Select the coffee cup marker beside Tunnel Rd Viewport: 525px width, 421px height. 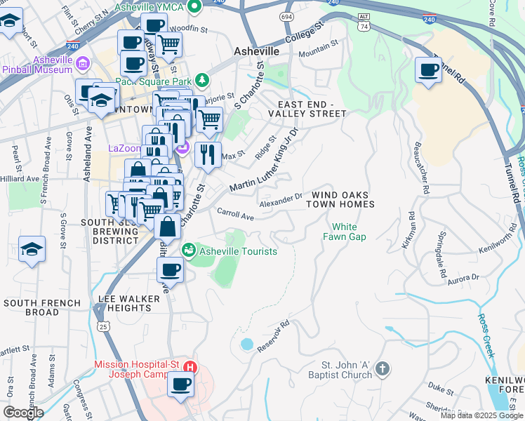[428, 70]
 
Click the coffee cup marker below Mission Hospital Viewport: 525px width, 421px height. [180, 385]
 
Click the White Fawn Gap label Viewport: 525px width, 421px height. [344, 232]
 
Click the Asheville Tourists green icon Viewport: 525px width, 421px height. [189, 250]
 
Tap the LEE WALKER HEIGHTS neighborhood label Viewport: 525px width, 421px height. [130, 303]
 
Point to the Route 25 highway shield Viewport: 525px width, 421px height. [103, 326]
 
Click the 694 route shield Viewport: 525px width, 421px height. [286, 15]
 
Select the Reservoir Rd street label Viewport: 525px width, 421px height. [274, 338]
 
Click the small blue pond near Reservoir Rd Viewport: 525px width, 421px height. [246, 345]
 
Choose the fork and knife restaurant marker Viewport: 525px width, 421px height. [207, 155]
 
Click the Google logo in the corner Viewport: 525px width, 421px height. [23, 413]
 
